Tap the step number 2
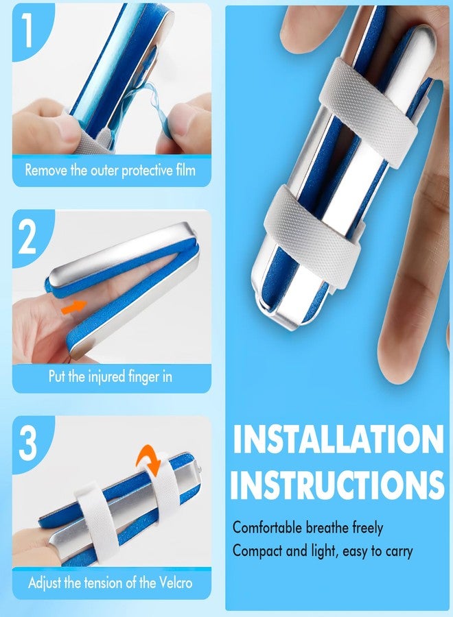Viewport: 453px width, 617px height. pos(27,237)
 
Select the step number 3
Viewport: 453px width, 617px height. pos(27,443)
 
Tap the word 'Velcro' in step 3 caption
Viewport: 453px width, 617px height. pos(175,582)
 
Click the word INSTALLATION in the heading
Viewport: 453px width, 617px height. pos(338,439)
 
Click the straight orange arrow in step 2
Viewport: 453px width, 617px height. pos(73,306)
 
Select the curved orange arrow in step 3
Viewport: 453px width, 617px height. pos(149,459)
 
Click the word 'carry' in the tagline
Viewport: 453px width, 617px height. pos(399,552)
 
